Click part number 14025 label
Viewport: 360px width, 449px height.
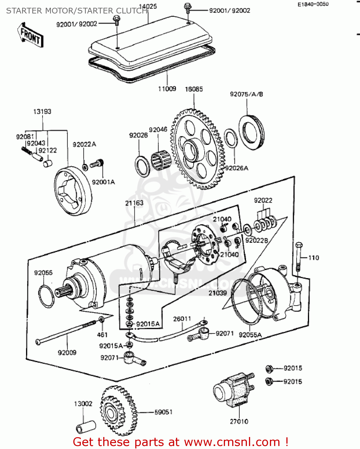[148, 6]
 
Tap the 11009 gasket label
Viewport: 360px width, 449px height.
[167, 89]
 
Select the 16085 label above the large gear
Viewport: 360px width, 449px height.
[194, 89]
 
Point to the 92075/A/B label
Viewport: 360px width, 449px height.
[246, 94]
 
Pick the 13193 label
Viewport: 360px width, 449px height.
[42, 111]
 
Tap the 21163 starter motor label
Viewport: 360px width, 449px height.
[134, 203]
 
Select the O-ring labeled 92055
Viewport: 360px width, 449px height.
[46, 296]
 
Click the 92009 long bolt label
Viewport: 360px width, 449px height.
[67, 353]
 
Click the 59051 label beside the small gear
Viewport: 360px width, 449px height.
[163, 412]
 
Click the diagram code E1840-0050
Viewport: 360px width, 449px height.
[313, 4]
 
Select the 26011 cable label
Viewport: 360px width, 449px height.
[182, 319]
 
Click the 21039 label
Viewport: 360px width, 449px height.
[218, 293]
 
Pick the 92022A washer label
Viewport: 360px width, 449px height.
[84, 144]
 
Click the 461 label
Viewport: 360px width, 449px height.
[102, 335]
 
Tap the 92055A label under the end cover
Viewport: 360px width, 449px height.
[250, 335]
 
